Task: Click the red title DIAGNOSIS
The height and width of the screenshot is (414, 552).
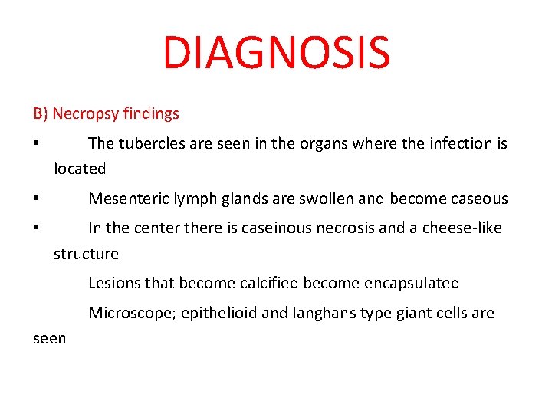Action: coord(276,52)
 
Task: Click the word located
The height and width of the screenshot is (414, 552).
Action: coord(80,168)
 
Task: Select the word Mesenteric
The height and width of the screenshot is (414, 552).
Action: coord(125,199)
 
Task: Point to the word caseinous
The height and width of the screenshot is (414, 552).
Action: coord(280,228)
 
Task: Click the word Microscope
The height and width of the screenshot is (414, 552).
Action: coord(131,314)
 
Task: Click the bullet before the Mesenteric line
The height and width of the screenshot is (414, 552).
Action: coord(36,199)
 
